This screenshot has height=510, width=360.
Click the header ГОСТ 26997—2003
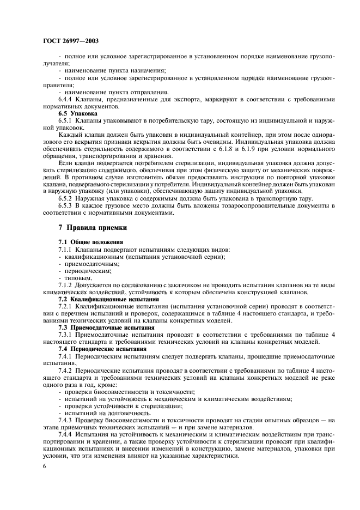[71, 41]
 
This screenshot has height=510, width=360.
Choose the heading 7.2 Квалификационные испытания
[97, 299]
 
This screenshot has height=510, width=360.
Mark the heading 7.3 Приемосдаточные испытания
[98, 328]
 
